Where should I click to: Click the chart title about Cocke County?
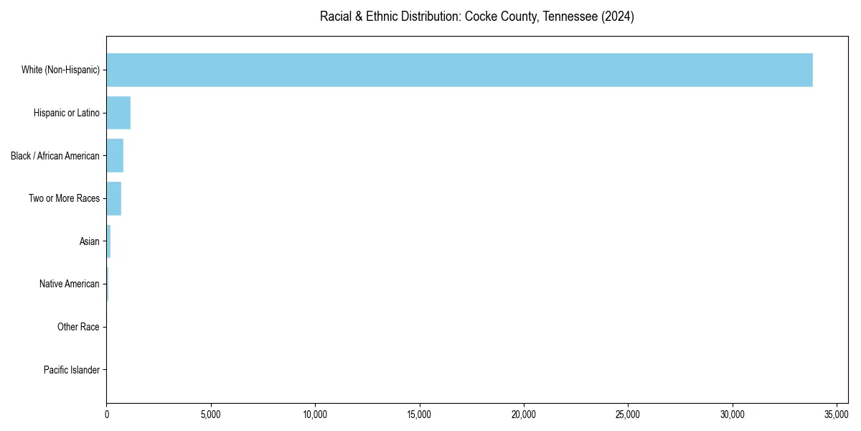click(476, 17)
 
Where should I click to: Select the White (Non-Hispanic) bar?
click(459, 70)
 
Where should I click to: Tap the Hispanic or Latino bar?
click(118, 113)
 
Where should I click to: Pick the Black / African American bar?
click(115, 156)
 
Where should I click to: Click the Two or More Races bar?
click(113, 198)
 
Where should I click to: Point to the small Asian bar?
click(108, 241)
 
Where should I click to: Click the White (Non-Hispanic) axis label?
click(60, 70)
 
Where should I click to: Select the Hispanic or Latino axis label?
click(66, 113)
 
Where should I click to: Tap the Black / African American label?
click(55, 156)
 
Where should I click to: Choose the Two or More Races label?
click(64, 198)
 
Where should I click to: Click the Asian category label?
click(89, 241)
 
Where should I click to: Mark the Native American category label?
click(69, 284)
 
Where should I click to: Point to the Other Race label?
click(78, 327)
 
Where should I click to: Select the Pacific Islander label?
click(71, 370)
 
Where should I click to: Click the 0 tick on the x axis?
click(107, 414)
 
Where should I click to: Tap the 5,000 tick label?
click(211, 414)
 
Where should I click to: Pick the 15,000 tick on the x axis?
click(420, 414)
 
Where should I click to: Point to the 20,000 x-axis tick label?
click(524, 414)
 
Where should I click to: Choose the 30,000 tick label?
click(733, 414)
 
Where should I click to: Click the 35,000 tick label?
click(837, 414)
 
